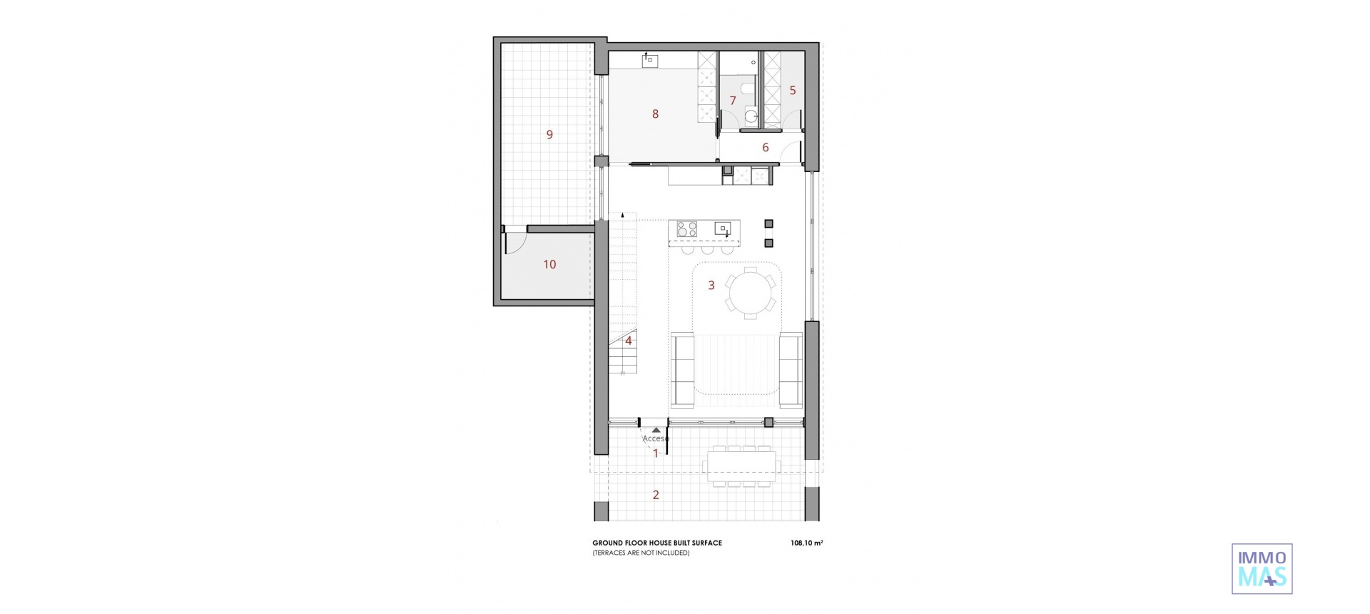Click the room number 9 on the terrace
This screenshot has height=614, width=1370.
click(549, 134)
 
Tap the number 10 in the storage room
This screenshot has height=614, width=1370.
click(549, 264)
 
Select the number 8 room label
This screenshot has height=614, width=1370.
click(655, 114)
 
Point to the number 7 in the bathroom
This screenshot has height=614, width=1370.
click(733, 101)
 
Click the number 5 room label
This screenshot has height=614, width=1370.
click(792, 91)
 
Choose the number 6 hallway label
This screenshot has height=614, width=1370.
click(766, 148)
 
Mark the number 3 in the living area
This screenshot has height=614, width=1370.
click(711, 286)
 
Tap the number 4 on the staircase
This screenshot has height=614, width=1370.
click(629, 341)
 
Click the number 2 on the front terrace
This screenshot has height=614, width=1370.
click(656, 495)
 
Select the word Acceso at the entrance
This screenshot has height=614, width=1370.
click(656, 438)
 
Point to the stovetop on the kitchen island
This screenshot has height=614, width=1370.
click(686, 229)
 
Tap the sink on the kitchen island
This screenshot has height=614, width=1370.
click(722, 229)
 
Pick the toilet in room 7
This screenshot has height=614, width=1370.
click(746, 89)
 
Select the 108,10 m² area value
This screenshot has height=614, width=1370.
click(806, 543)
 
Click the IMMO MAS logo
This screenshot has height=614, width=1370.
click(1262, 569)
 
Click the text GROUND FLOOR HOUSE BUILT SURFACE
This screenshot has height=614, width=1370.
click(656, 543)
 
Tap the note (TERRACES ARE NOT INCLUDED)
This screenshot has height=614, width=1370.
click(641, 553)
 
